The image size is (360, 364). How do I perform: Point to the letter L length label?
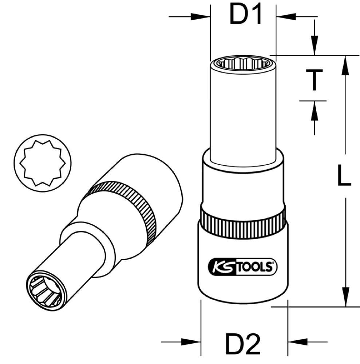tap(343, 176)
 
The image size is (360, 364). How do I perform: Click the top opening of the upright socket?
tap(243, 63)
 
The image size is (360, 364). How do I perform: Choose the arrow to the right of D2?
tap(296, 342)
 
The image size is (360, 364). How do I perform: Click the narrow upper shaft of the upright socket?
tap(243, 113)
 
